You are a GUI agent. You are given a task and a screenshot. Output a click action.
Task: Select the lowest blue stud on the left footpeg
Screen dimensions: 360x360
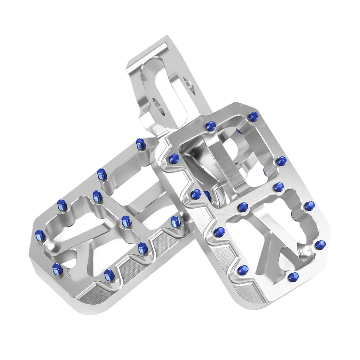pyautogui.click(x=108, y=275)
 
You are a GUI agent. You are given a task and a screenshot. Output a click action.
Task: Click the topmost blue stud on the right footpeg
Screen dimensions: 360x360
pyautogui.click(x=253, y=115)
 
